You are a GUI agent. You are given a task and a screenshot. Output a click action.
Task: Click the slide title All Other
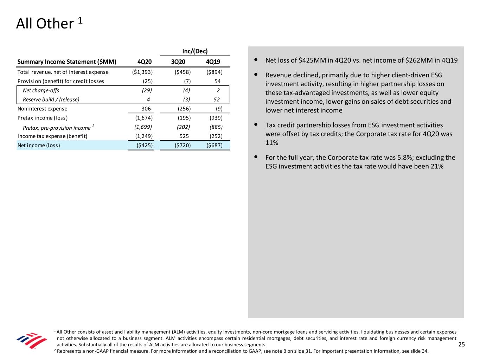(45, 24)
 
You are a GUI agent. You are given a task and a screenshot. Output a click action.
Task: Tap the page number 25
(461, 345)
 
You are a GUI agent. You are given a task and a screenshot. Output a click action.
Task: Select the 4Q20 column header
(145, 62)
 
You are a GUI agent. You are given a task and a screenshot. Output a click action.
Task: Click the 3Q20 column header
(178, 62)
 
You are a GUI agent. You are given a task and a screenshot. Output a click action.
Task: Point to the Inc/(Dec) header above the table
(195, 51)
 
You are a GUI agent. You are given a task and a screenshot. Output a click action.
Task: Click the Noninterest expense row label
(42, 109)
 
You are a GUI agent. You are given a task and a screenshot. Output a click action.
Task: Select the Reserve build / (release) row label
(51, 99)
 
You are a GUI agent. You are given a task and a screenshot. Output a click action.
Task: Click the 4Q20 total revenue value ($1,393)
(140, 72)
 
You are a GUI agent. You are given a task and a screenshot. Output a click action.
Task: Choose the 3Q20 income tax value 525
(184, 136)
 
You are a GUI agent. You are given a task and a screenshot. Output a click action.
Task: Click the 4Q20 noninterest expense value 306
(146, 109)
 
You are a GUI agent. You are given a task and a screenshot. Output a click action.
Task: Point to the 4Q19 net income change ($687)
(214, 145)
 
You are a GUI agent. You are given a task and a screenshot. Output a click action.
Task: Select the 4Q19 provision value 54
(217, 81)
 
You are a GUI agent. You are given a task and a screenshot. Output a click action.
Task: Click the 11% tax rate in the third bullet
(271, 143)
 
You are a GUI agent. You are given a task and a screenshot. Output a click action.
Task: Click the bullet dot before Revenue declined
(256, 75)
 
